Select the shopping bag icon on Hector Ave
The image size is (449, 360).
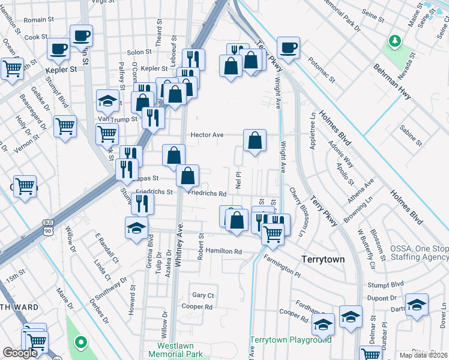click(x=255, y=141)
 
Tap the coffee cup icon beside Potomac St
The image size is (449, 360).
click(x=288, y=47)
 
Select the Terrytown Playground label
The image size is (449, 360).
click(x=291, y=340)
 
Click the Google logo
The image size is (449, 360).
click(x=20, y=353)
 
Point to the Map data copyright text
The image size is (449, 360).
click(x=423, y=355)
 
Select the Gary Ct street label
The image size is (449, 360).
click(x=203, y=295)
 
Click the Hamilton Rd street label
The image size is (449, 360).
click(x=223, y=251)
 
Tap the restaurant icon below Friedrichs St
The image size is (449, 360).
click(x=142, y=203)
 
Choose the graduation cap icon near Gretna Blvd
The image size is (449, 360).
click(x=136, y=227)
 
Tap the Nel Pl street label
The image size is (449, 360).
click(x=238, y=178)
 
